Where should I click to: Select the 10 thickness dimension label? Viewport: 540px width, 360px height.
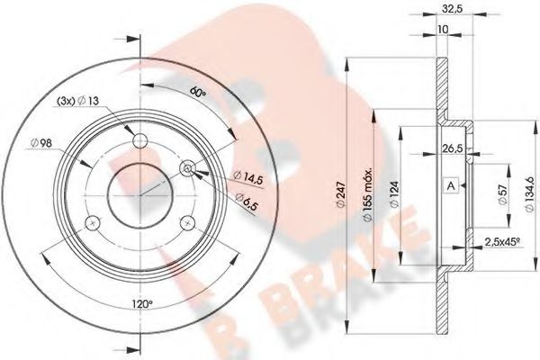[x=443, y=30]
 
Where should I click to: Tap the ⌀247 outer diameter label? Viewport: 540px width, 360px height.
[x=340, y=194]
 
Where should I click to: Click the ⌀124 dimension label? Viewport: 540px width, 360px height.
[x=395, y=194]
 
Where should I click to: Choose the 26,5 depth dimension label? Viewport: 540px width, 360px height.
[x=452, y=148]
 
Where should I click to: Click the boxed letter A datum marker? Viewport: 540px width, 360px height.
[x=451, y=186]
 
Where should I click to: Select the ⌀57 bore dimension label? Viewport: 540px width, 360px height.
[x=503, y=194]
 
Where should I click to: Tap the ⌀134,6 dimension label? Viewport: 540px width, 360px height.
[x=530, y=194]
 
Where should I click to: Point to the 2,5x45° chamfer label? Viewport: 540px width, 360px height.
[x=502, y=242]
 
